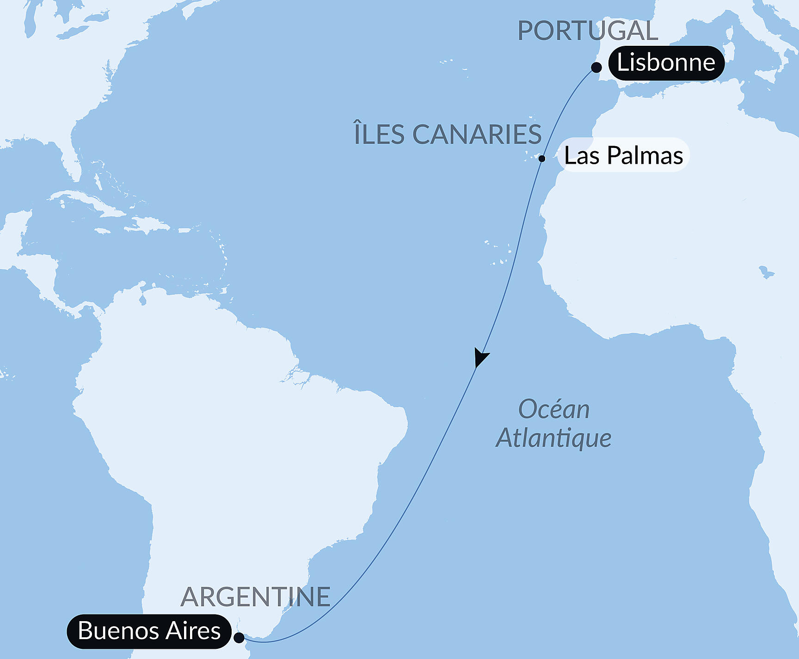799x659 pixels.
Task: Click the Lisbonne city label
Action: pyautogui.click(x=666, y=63)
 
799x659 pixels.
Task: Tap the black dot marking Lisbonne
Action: pyautogui.click(x=596, y=68)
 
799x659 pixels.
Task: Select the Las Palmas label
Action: pyautogui.click(x=623, y=155)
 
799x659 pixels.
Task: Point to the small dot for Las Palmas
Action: pyautogui.click(x=542, y=159)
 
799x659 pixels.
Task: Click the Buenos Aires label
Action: pyautogui.click(x=149, y=631)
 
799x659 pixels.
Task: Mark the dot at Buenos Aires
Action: pyautogui.click(x=239, y=638)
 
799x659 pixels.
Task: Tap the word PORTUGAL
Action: pyautogui.click(x=587, y=31)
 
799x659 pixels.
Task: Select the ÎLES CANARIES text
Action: pyautogui.click(x=448, y=135)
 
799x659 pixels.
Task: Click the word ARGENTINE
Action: pyautogui.click(x=255, y=597)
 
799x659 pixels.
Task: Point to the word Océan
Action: pyautogui.click(x=553, y=410)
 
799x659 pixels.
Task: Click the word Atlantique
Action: pyautogui.click(x=553, y=438)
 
